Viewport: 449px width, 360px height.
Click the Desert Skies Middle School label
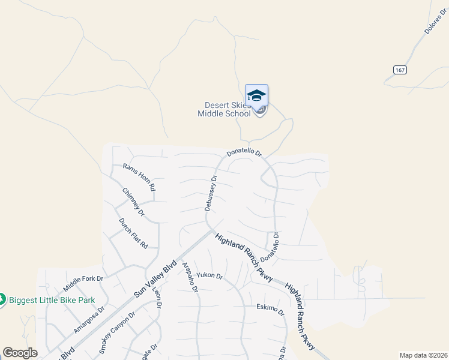224,109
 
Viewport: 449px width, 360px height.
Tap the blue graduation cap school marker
256,96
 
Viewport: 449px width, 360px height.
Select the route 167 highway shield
400,70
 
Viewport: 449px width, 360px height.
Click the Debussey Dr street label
209,192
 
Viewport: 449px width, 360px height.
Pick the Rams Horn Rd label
139,177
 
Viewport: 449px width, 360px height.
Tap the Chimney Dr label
133,202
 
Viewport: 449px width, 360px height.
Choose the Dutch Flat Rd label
133,233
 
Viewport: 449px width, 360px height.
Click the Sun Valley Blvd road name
155,279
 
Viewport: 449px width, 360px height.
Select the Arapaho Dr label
190,277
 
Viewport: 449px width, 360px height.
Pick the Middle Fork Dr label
83,279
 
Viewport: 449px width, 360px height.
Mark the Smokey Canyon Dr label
117,332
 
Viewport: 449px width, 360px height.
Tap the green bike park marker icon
2,298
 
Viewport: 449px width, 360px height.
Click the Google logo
20,353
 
